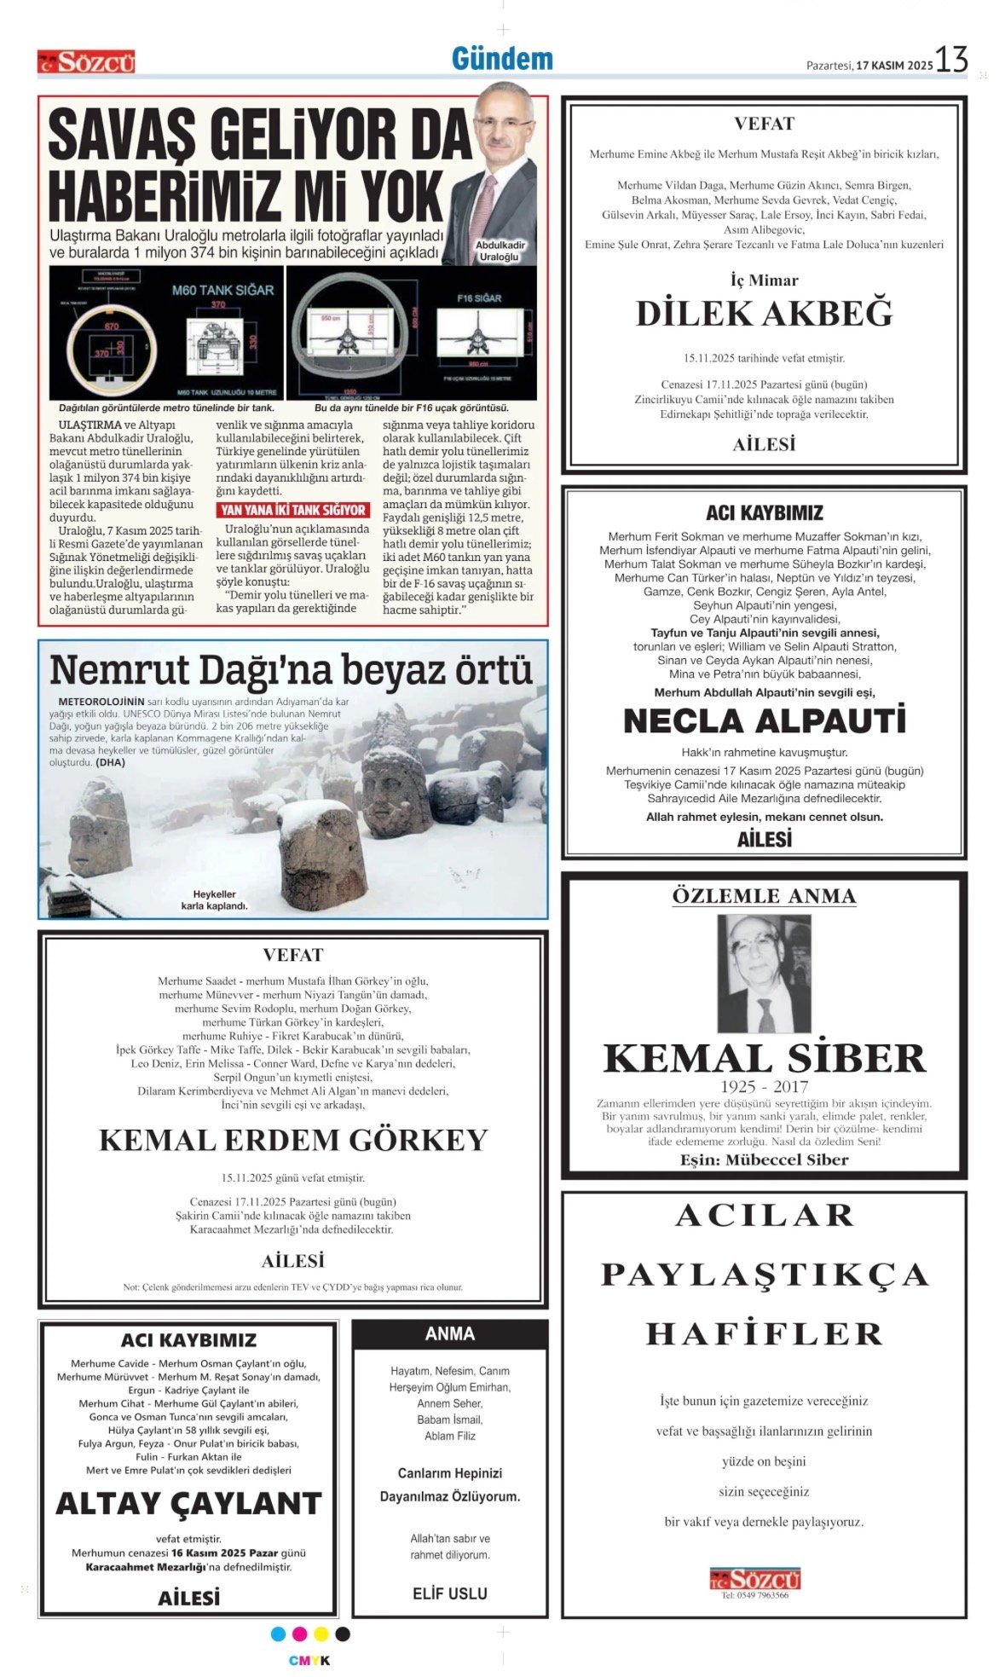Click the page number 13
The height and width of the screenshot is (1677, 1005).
pos(951,60)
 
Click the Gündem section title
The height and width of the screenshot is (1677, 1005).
pos(502,59)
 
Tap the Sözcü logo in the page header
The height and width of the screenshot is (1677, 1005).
pos(86,62)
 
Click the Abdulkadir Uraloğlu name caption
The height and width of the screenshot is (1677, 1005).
pos(500,251)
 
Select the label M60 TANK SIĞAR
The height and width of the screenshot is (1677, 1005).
pos(222,290)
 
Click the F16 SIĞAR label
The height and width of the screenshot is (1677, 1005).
pos(479,298)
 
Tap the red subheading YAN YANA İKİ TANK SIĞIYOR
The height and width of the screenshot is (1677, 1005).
pos(293,510)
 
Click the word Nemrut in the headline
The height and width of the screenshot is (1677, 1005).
pos(120,670)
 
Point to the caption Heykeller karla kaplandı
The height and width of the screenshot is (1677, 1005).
pos(214,900)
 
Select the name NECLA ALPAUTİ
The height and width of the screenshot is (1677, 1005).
pos(764,721)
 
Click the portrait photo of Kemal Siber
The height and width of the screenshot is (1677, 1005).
pos(764,974)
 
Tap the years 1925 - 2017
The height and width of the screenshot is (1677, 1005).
pos(764,1086)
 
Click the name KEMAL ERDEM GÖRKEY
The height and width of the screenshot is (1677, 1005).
pos(293,1140)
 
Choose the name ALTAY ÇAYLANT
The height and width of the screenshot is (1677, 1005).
pos(188,1503)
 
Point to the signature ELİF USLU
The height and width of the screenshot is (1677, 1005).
pos(450,1593)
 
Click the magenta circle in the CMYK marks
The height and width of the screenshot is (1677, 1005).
pos(299,1634)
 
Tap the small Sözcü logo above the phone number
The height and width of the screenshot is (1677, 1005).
pos(755,1579)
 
